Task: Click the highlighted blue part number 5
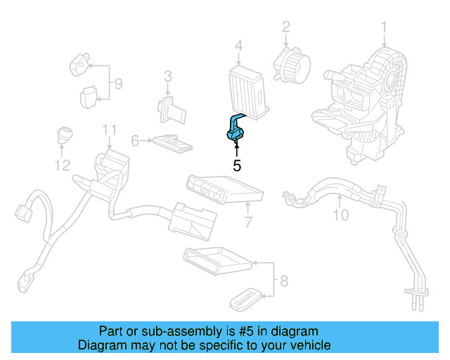pyautogui.click(x=234, y=131)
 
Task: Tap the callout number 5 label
pyautogui.click(x=237, y=166)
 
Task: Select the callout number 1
pyautogui.click(x=384, y=28)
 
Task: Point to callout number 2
pyautogui.click(x=286, y=28)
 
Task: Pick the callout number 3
pyautogui.click(x=168, y=76)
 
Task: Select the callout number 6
pyautogui.click(x=136, y=141)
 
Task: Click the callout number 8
pyautogui.click(x=283, y=282)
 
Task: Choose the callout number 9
pyautogui.click(x=118, y=84)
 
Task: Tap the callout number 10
pyautogui.click(x=340, y=215)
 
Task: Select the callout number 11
pyautogui.click(x=108, y=129)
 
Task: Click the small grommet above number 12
pyautogui.click(x=64, y=134)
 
